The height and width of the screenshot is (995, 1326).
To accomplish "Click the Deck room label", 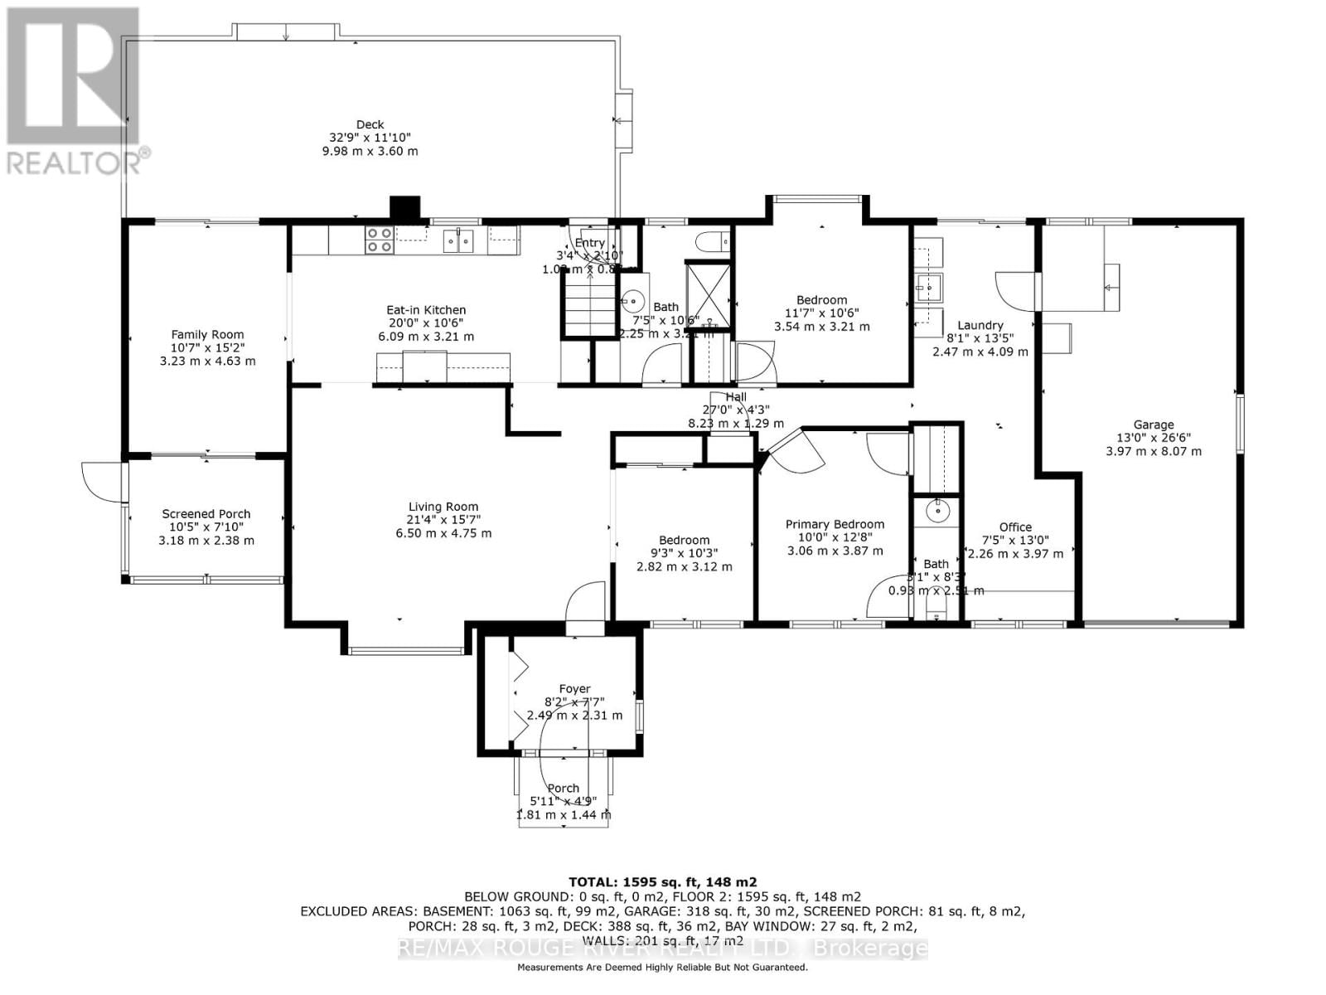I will coord(370,124).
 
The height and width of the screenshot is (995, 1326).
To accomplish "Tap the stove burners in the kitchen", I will coord(380,240).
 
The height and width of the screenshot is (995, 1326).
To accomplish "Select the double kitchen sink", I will coord(457,240).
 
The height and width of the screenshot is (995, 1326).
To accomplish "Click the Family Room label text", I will coord(207,335).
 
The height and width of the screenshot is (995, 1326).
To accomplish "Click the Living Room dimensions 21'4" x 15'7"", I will coord(443,520).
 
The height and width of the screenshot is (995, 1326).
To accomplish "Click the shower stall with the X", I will coord(708,294).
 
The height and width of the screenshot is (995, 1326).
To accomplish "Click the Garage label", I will coord(1154,425).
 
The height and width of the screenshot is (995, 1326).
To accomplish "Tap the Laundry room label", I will coord(980,325).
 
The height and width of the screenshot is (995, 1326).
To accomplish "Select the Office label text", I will coord(1015,527).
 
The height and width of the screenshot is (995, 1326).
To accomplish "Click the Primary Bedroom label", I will coord(835,524).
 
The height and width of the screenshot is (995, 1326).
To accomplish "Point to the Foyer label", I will coord(574,688).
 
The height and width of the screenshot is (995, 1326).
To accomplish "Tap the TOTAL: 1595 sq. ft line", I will coord(662,882).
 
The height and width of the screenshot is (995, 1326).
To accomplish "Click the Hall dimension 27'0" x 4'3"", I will coord(736,410).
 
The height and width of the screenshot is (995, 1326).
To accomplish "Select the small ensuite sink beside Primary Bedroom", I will coord(937,511).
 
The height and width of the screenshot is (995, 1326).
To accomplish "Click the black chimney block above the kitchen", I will coord(405,208).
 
